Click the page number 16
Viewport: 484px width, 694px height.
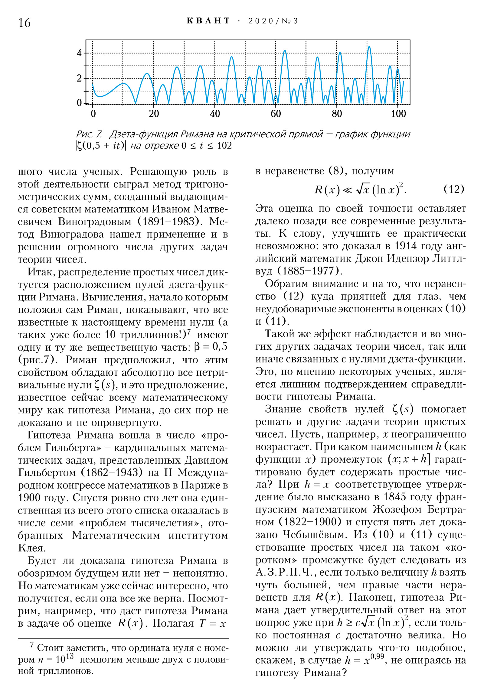pyautogui.click(x=24, y=23)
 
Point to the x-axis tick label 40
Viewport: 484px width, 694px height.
pyautogui.click(x=215, y=114)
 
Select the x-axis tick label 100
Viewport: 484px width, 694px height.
pyautogui.click(x=398, y=114)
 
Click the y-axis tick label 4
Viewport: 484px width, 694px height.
pyautogui.click(x=79, y=53)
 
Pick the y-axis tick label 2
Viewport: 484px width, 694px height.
pyautogui.click(x=79, y=78)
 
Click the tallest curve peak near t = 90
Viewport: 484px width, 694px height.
pyautogui.click(x=369, y=47)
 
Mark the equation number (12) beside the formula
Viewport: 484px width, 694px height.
pyautogui.click(x=453, y=189)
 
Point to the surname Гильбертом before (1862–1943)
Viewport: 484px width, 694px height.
pyautogui.click(x=47, y=472)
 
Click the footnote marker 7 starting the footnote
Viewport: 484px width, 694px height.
pyautogui.click(x=32, y=644)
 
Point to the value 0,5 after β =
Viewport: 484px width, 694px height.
pyautogui.click(x=220, y=347)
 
